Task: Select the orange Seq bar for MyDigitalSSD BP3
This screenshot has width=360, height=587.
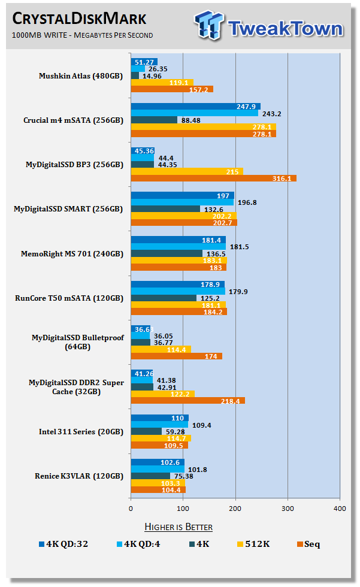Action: coord(213,178)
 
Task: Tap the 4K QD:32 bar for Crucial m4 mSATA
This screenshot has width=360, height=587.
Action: coord(195,107)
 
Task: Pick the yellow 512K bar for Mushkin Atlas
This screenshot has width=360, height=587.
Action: coord(161,83)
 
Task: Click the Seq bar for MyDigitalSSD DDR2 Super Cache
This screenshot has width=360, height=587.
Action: coord(187,401)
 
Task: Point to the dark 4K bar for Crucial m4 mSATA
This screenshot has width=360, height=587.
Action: coord(154,120)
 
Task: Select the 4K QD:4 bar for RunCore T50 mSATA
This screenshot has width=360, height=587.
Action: coord(178,292)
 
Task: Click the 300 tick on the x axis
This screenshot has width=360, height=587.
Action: coord(288,509)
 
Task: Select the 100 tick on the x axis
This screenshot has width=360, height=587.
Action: coord(183,509)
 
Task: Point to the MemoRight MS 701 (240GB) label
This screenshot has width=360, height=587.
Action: coord(81,254)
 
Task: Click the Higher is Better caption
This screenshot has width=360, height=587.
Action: coord(179,527)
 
